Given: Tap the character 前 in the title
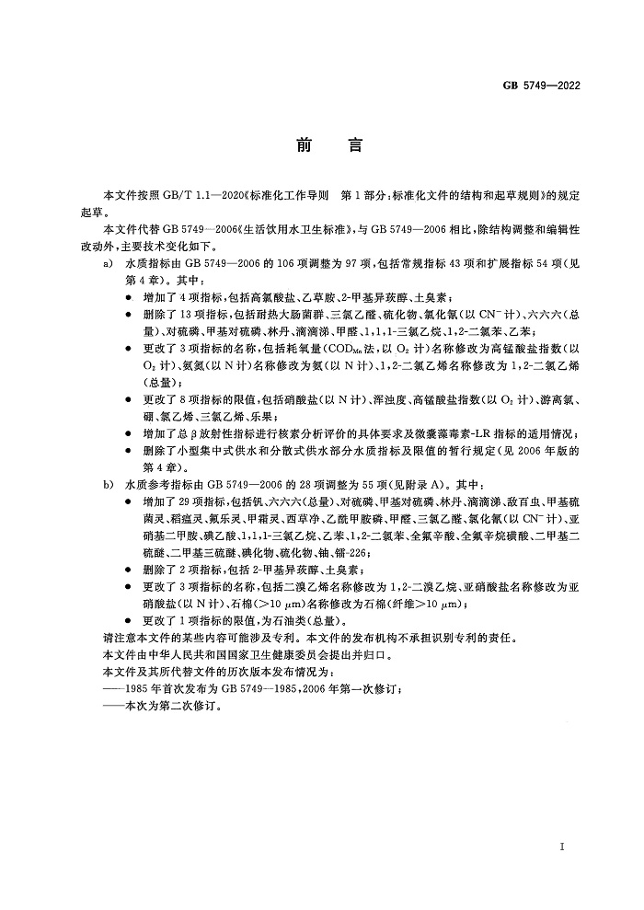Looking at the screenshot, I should pos(305,146).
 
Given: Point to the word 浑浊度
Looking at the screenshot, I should pos(391,400).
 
